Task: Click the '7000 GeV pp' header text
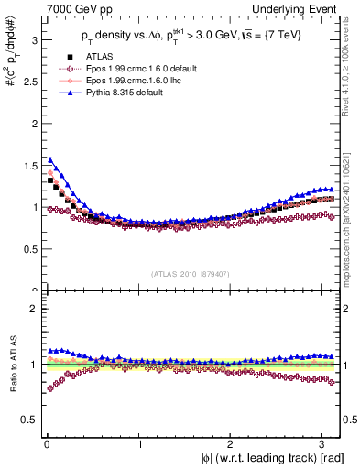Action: point(73,8)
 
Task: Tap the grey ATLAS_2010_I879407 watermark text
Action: point(191,274)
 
